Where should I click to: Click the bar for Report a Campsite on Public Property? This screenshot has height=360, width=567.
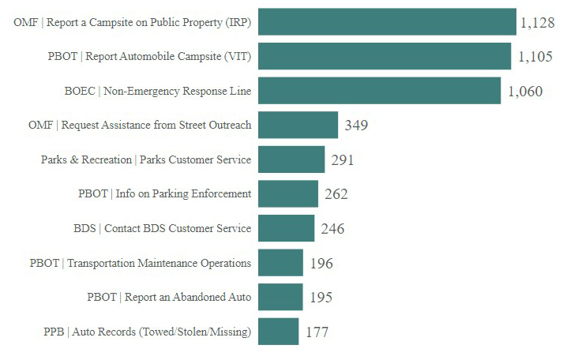(x=387, y=22)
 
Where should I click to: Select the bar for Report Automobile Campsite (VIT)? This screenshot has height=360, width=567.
(x=385, y=57)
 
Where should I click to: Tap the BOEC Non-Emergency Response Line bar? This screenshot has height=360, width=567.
(x=379, y=91)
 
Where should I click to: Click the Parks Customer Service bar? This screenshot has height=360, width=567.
(x=291, y=159)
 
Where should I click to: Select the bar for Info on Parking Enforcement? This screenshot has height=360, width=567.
(x=288, y=193)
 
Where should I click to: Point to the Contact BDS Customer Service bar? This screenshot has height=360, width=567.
(x=286, y=228)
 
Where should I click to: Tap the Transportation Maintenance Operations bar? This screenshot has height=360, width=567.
(x=280, y=263)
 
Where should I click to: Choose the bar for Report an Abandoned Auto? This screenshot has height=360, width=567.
(x=280, y=297)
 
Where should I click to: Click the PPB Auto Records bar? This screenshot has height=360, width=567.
(x=279, y=332)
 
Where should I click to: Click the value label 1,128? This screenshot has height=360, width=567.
(x=538, y=23)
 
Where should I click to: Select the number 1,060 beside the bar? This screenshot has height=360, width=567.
(x=525, y=92)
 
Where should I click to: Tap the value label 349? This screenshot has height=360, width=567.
(x=356, y=126)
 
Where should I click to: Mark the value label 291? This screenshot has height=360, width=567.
(x=343, y=160)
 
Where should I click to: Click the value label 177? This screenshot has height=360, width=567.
(x=317, y=332)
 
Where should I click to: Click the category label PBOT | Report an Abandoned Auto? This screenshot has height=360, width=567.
(x=169, y=297)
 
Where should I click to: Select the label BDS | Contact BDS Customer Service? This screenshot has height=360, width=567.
(x=162, y=228)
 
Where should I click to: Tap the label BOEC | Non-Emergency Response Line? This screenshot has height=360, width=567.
(x=157, y=91)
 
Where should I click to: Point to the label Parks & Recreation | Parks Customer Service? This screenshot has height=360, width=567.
(x=146, y=159)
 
